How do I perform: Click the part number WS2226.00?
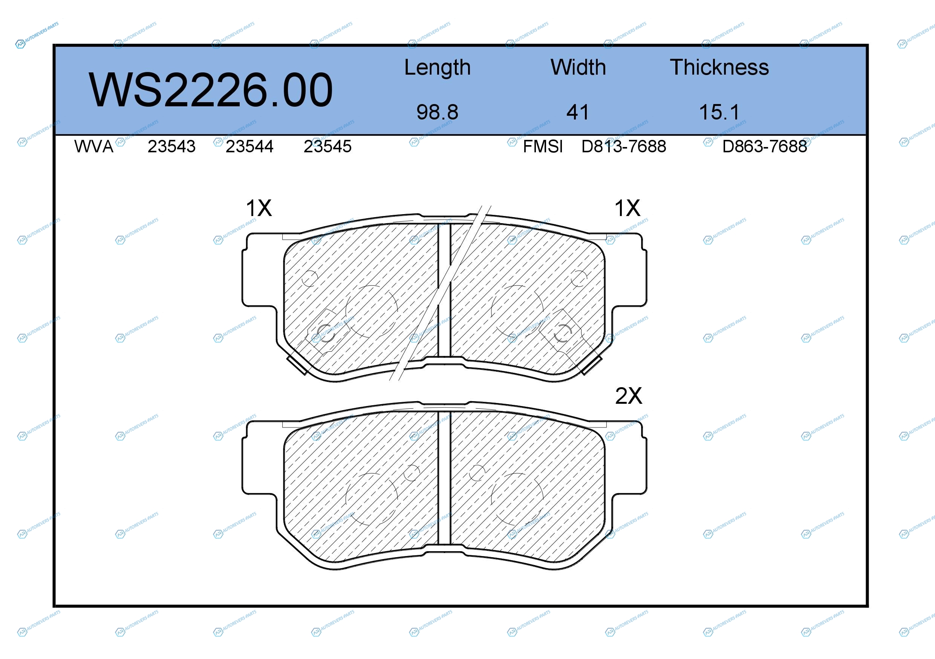[211, 90]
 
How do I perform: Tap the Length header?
[438, 68]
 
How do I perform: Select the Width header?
[578, 67]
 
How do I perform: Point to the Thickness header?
[719, 67]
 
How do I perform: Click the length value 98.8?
[438, 112]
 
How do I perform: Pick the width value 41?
[578, 112]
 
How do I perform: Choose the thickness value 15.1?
[719, 112]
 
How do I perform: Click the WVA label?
[94, 147]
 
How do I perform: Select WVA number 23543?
[171, 147]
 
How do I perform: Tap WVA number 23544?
[249, 147]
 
